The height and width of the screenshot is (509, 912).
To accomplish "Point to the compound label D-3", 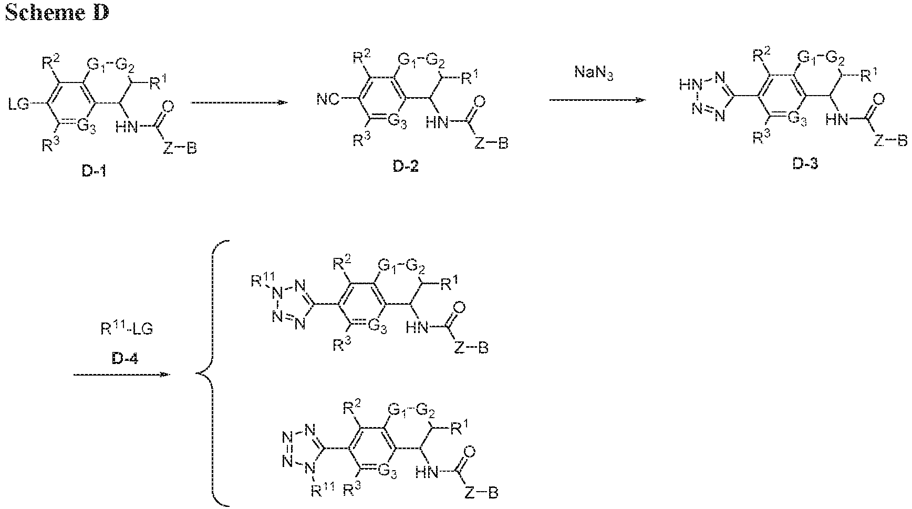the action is click(x=805, y=164).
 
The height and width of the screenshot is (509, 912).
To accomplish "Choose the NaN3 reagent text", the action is click(x=595, y=75).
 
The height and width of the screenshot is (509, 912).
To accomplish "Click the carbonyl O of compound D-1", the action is click(x=168, y=108).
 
